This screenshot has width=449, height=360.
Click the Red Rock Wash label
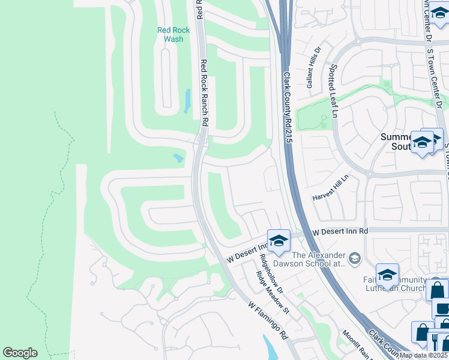pyautogui.click(x=173, y=34)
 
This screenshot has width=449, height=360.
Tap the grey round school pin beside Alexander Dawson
pyautogui.click(x=355, y=258)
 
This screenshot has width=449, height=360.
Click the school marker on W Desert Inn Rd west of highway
pyautogui.click(x=279, y=240)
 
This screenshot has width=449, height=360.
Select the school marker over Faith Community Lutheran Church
pyautogui.click(x=387, y=274)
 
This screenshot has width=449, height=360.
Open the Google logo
pyautogui.click(x=20, y=353)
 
